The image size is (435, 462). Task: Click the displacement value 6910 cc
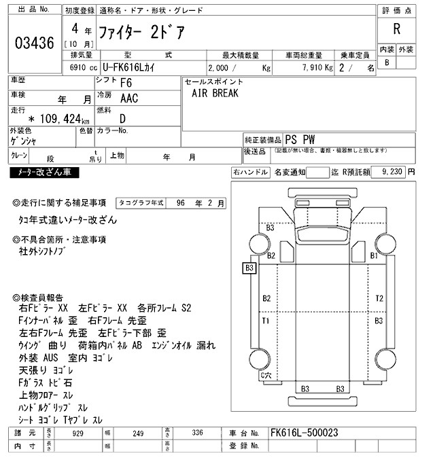coord(75,69)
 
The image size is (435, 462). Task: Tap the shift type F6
coord(126,84)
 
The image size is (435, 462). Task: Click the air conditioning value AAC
coord(128,99)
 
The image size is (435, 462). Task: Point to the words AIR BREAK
coord(215,94)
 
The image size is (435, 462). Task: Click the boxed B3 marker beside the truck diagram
coord(249,268)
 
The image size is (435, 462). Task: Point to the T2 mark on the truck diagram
coord(379,298)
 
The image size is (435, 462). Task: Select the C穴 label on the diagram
coord(265,375)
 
